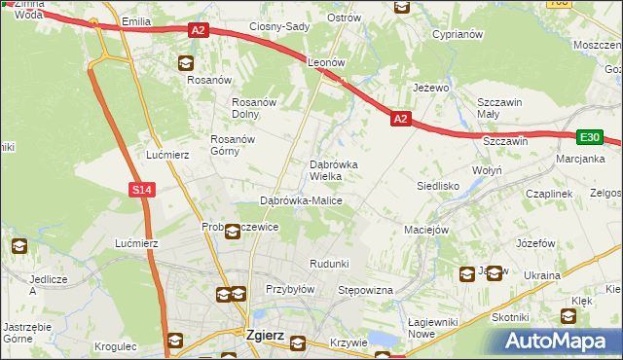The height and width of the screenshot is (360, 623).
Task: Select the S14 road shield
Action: pyautogui.click(x=142, y=190)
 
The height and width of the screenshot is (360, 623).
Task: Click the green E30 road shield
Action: pyautogui.click(x=589, y=138)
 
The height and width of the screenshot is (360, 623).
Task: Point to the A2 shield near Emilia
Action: pyautogui.click(x=198, y=31)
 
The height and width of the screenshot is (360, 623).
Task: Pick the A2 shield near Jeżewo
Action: pyautogui.click(x=400, y=119)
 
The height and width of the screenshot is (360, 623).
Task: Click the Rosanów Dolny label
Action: pyautogui.click(x=257, y=108)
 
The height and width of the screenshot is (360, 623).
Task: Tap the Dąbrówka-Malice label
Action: pyautogui.click(x=301, y=200)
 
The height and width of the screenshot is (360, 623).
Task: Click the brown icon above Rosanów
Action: pyautogui.click(x=185, y=64)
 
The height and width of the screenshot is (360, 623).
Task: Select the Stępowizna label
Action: pyautogui.click(x=364, y=290)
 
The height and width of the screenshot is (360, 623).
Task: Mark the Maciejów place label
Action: pyautogui.click(x=425, y=231)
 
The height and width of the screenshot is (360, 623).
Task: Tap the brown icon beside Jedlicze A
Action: pyautogui.click(x=19, y=246)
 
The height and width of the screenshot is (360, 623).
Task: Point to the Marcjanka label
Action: pyautogui.click(x=580, y=158)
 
